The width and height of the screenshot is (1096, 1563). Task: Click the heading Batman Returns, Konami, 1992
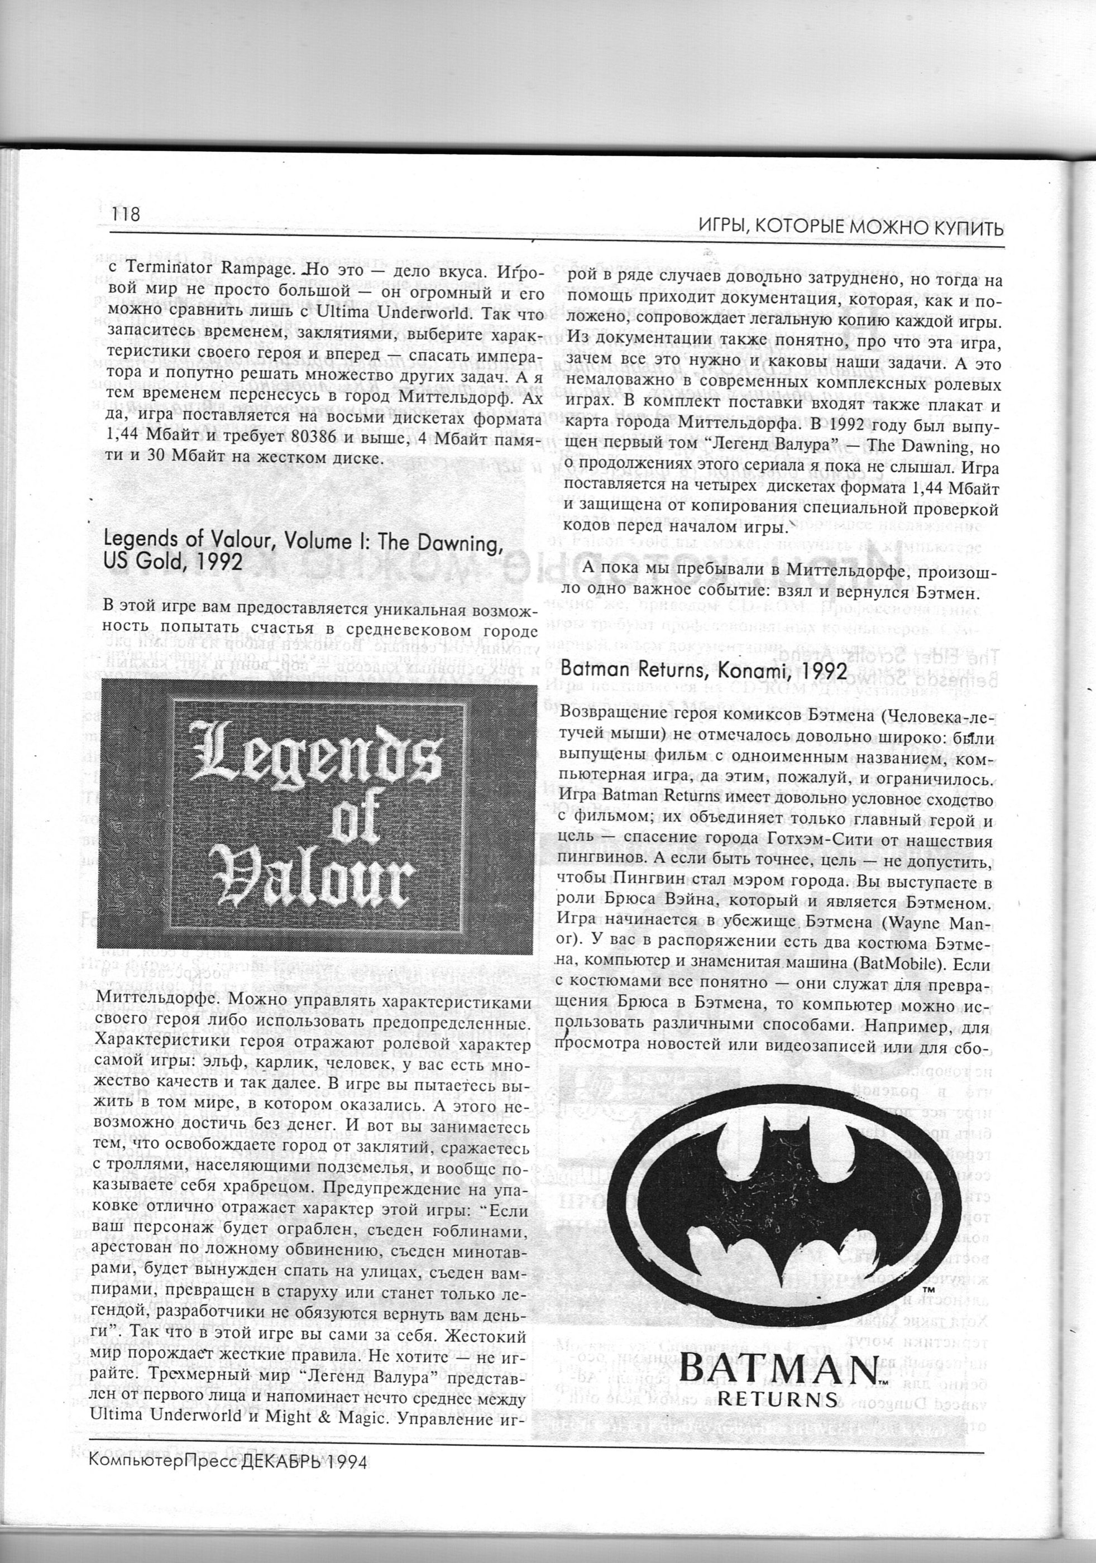pyautogui.click(x=704, y=669)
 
